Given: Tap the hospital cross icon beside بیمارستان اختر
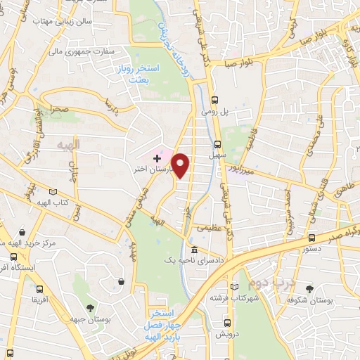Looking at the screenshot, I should (x=156, y=159).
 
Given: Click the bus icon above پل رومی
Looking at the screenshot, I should (x=215, y=99).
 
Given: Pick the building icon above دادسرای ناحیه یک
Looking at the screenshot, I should (x=193, y=250).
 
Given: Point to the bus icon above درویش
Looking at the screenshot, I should (x=226, y=323).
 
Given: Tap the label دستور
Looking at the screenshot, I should (x=311, y=249).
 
